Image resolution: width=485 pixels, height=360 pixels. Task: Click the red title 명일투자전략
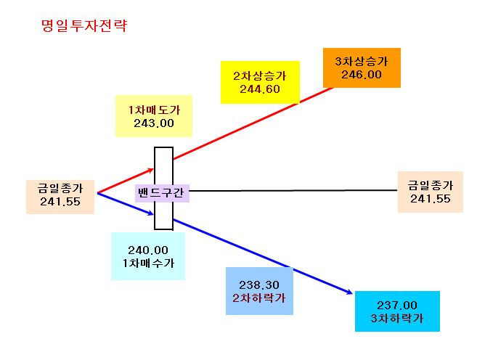[84, 25]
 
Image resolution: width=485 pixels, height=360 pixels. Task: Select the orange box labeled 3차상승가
[362, 67]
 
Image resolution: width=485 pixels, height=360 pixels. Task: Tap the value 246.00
[362, 75]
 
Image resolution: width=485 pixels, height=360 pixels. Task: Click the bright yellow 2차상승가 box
[260, 82]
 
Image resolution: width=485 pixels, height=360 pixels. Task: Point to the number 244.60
[260, 89]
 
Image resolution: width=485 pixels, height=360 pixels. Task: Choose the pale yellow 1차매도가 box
[154, 116]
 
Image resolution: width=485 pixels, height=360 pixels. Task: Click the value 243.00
[154, 123]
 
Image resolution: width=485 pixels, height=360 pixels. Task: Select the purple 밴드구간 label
[162, 193]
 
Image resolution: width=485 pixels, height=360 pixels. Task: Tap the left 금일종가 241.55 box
[60, 197]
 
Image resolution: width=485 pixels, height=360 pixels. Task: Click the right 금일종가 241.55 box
[431, 192]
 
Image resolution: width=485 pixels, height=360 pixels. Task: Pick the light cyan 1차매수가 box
[148, 256]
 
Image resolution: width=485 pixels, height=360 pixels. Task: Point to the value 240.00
[148, 250]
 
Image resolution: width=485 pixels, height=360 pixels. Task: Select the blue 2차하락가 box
[259, 291]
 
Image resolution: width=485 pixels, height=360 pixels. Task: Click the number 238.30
[259, 285]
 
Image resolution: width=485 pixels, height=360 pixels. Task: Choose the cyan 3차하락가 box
[397, 311]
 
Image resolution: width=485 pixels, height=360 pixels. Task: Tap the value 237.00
[397, 306]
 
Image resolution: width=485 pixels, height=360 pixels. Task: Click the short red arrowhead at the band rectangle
[150, 170]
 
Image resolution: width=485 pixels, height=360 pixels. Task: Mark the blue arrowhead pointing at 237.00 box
[349, 292]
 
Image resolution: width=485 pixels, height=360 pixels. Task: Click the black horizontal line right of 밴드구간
[293, 190]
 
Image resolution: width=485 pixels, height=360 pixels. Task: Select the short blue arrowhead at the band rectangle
[150, 213]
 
